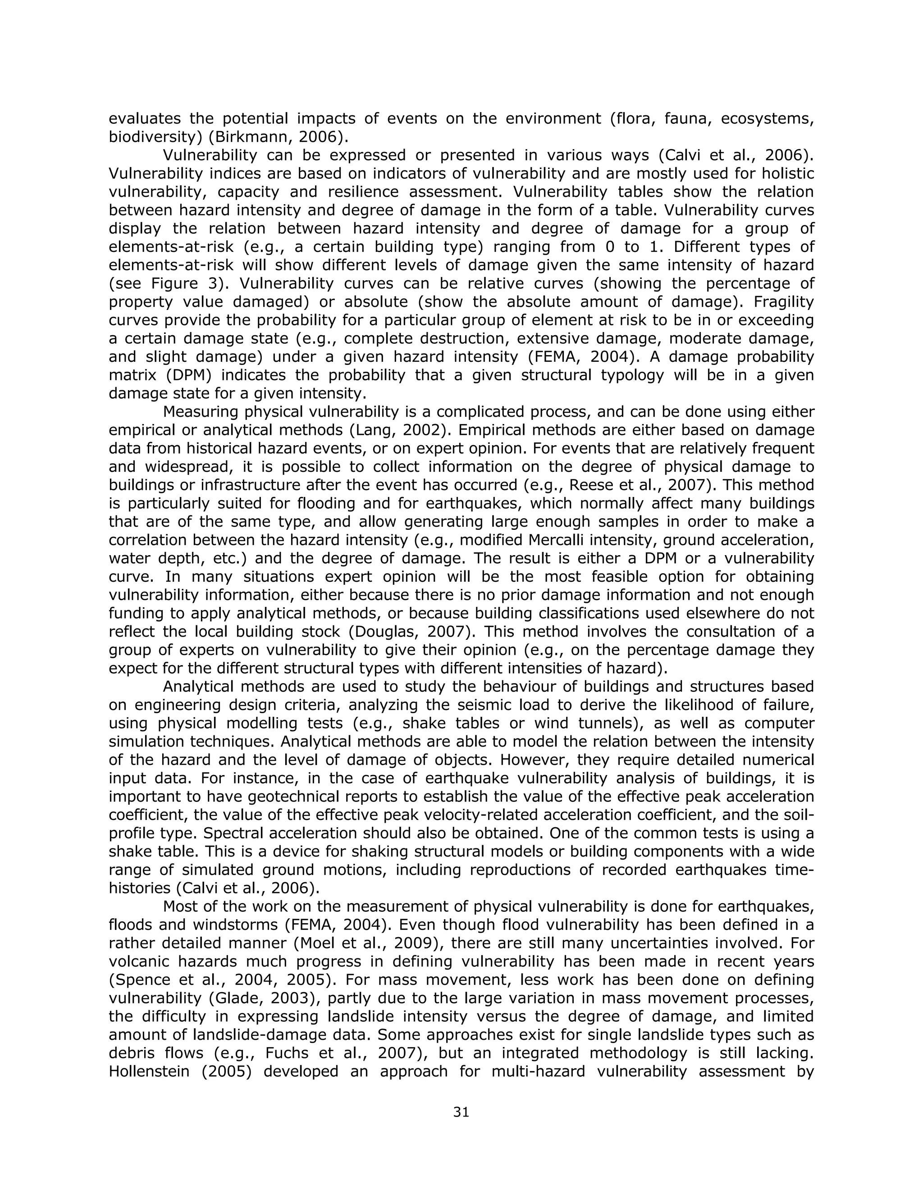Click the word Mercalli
pyautogui.click(x=562, y=540)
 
